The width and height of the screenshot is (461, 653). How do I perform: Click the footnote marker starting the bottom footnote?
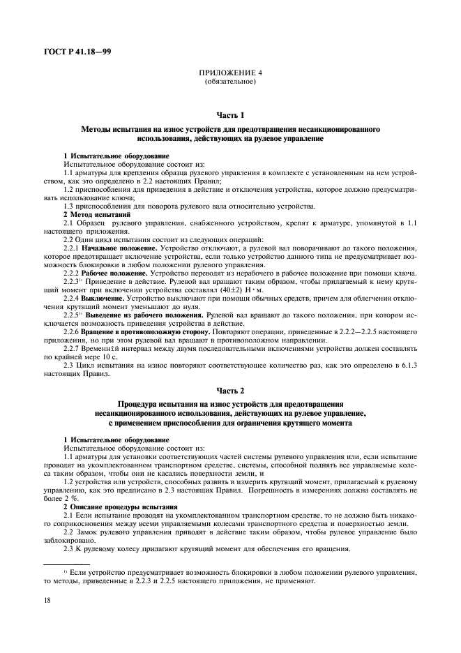pos(65,570)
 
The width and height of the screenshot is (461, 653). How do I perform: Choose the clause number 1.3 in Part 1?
pos(68,208)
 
